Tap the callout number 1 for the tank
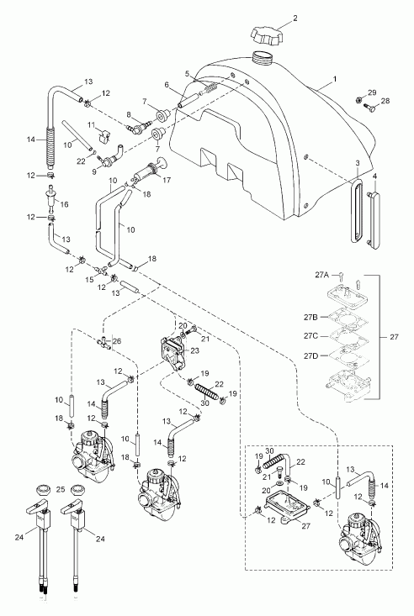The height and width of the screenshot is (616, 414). (335, 78)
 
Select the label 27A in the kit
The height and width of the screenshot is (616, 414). (321, 275)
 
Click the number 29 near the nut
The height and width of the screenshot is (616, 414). (372, 92)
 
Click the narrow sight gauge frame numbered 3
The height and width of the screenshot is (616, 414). (357, 210)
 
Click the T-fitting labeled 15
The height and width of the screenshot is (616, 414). (101, 270)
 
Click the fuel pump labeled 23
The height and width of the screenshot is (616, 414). (173, 353)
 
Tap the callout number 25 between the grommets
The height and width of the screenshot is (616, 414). (61, 489)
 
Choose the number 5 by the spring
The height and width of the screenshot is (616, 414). (188, 73)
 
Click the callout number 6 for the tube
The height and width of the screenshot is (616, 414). (167, 85)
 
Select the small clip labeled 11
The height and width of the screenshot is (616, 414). (103, 134)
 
